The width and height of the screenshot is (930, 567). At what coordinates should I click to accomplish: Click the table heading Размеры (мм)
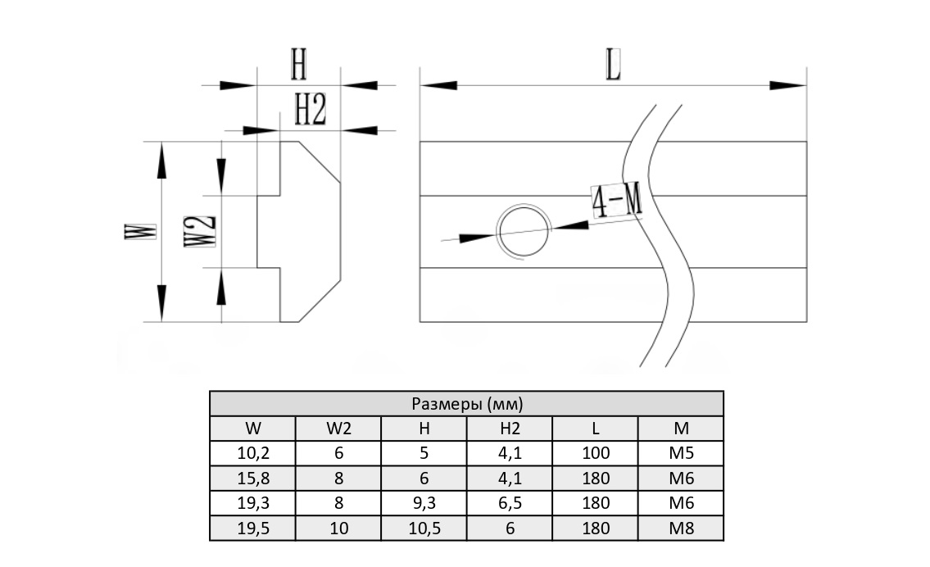click(466, 404)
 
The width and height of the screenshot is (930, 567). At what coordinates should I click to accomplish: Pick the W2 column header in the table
click(338, 429)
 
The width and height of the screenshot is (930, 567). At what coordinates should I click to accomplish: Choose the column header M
click(681, 429)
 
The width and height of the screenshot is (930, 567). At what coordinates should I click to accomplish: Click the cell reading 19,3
click(252, 503)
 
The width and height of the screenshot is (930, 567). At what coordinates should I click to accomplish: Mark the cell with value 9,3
click(424, 503)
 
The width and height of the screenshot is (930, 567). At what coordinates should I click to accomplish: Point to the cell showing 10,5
click(424, 528)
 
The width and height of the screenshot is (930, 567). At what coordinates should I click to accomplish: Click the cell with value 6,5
click(510, 503)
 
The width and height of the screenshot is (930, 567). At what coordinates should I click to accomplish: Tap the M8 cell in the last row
click(681, 528)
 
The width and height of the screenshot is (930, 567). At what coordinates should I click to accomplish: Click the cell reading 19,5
click(252, 528)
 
